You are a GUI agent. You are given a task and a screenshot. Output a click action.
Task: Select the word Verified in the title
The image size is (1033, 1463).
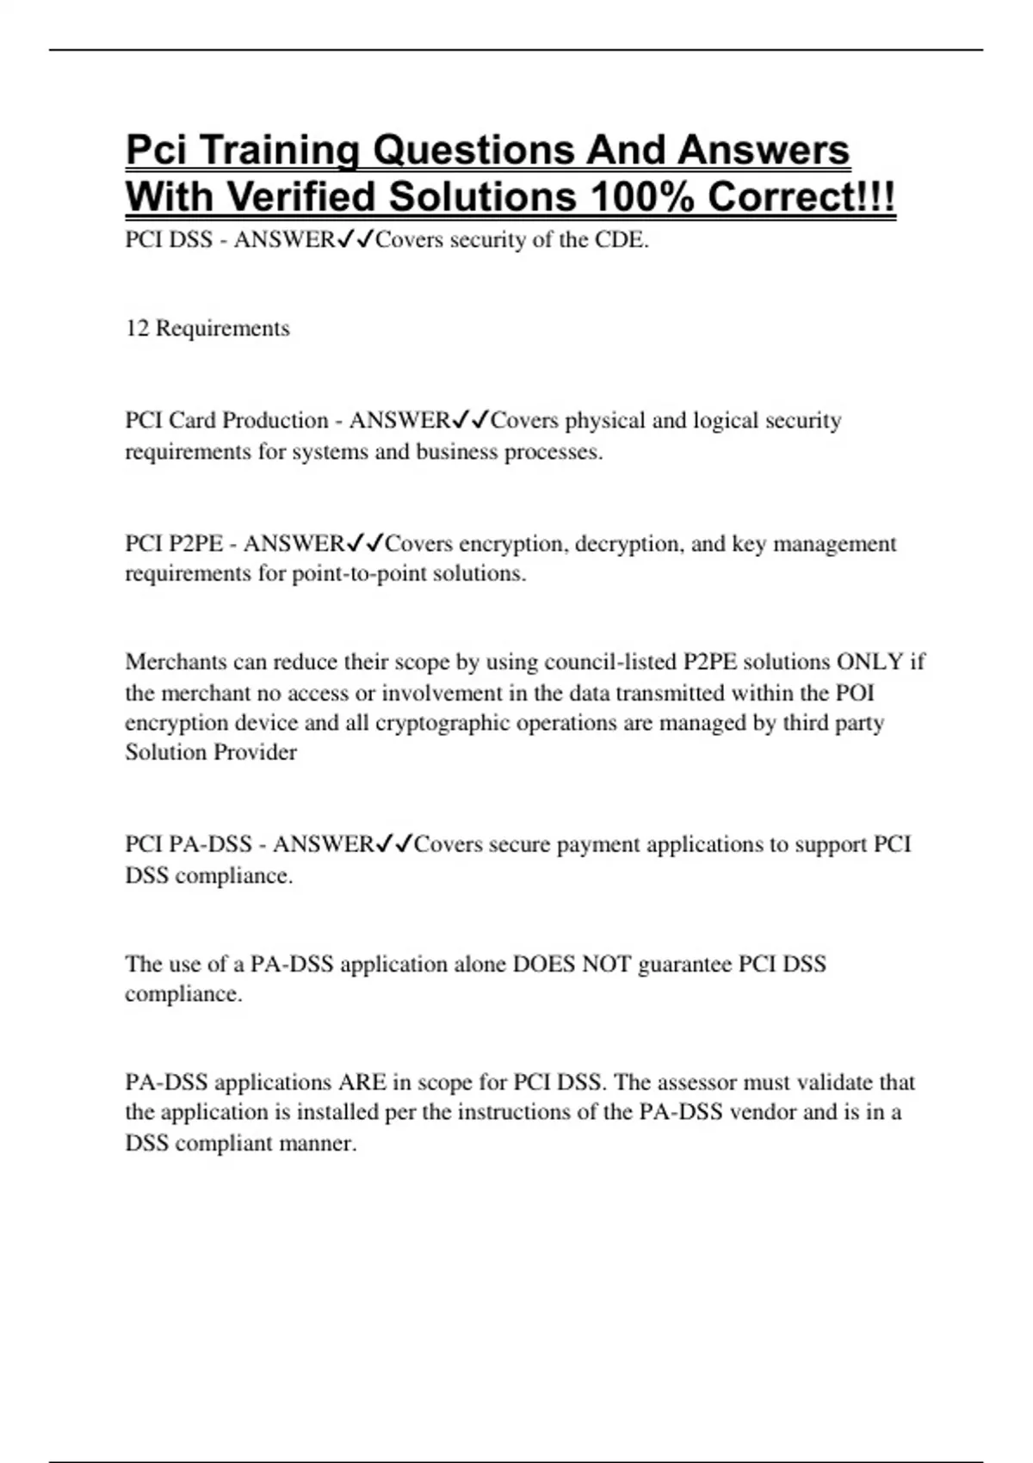coord(302,197)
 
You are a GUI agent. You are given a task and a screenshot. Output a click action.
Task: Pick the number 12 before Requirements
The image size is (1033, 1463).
coord(137,328)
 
